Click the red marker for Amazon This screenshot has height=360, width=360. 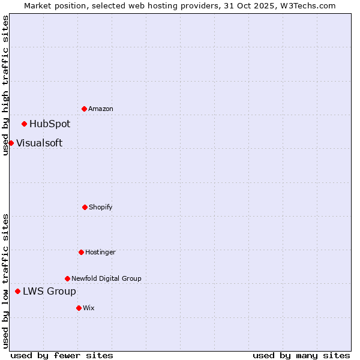(x=84, y=109)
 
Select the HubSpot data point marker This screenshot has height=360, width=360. (x=24, y=124)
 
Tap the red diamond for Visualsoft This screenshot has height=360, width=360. (x=11, y=143)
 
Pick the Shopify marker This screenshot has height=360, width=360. (x=85, y=207)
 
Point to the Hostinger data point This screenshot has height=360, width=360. (x=81, y=252)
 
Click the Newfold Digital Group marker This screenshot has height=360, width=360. (x=67, y=278)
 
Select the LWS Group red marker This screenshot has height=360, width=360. (x=17, y=291)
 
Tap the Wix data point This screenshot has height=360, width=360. (x=79, y=308)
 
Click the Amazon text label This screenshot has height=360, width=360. (x=101, y=109)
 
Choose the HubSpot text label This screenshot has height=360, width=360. (x=50, y=124)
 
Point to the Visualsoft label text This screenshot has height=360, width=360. (x=39, y=143)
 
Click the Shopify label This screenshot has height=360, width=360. (x=101, y=208)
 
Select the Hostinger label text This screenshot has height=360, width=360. (x=100, y=253)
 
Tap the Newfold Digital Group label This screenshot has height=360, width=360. (x=106, y=278)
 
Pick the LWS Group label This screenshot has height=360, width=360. (x=49, y=292)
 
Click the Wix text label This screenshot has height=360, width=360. (x=89, y=308)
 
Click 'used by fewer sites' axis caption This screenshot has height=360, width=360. (x=62, y=355)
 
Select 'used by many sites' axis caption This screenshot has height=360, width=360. (x=301, y=355)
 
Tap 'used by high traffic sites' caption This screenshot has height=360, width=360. (x=5, y=85)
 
